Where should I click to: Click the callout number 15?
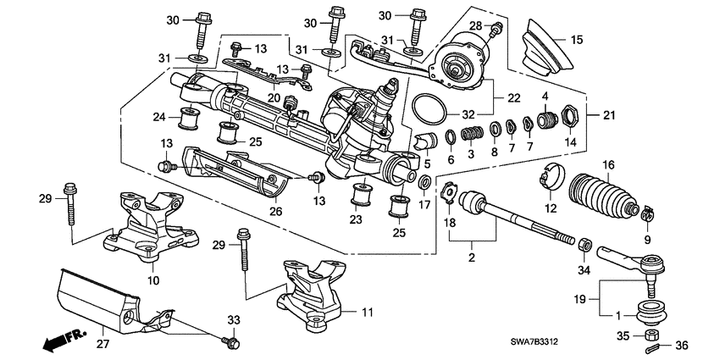[577, 39]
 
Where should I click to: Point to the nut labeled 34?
[584, 245]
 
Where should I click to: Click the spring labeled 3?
[475, 132]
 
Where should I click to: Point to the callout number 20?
[274, 97]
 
